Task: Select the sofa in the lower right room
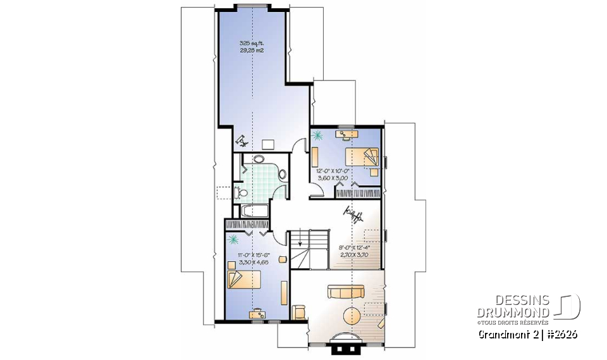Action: click(345, 292)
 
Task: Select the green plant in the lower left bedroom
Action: click(233, 239)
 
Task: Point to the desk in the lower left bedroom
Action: click(258, 312)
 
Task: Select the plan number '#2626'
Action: click(561, 333)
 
